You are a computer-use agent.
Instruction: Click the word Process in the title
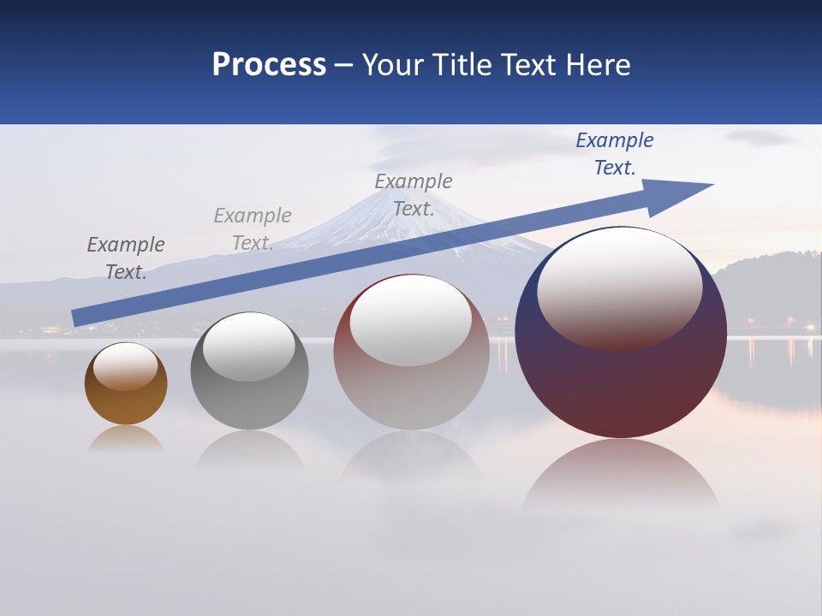[269, 65]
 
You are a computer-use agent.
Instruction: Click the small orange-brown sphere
[126, 402]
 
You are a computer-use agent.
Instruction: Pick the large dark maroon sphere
[621, 385]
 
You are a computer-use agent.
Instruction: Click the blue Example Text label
[615, 154]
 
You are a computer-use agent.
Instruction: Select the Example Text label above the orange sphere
[126, 258]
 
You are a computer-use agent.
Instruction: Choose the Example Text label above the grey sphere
[253, 229]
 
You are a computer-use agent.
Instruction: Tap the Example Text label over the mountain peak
[414, 195]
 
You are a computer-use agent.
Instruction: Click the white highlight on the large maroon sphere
[619, 287]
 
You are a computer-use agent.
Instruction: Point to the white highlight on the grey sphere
[248, 345]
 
